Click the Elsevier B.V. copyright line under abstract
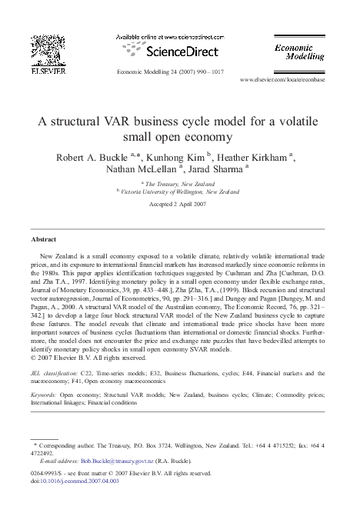coord(81,357)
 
